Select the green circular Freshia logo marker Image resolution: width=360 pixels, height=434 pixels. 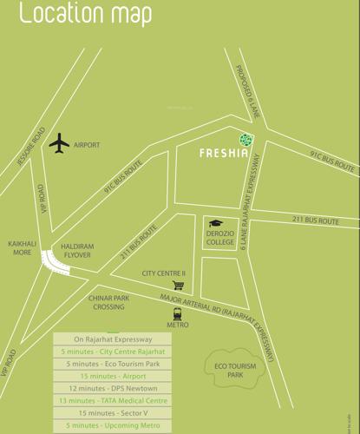[x=246, y=139]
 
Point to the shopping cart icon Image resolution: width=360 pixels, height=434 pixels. [x=179, y=285]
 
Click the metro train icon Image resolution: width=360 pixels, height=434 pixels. [x=178, y=313]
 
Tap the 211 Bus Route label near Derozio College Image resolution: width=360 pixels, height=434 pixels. [x=315, y=222]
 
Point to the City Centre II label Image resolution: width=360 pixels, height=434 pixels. [x=164, y=273]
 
